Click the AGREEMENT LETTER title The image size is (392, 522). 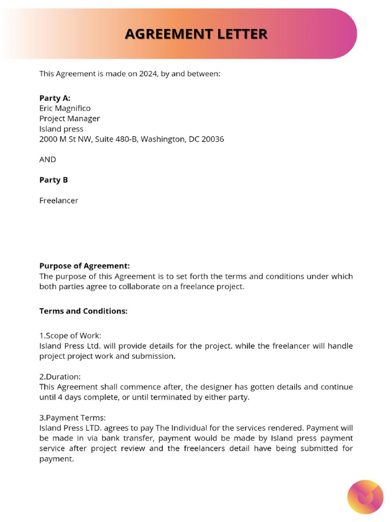click(x=196, y=34)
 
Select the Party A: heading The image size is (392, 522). click(x=55, y=98)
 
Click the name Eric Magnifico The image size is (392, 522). click(x=65, y=108)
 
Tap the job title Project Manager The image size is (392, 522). click(x=69, y=118)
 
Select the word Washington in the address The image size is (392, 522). click(x=163, y=139)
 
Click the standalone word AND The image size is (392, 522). click(x=47, y=159)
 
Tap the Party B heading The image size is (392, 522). click(x=54, y=180)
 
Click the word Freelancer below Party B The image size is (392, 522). click(x=59, y=200)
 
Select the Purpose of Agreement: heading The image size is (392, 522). click(x=84, y=266)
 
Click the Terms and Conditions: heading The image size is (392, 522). click(x=83, y=311)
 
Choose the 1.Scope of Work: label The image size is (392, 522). click(x=70, y=335)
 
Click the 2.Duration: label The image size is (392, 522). click(x=60, y=376)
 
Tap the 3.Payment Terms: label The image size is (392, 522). click(x=72, y=417)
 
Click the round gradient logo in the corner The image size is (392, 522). click(x=365, y=497)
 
